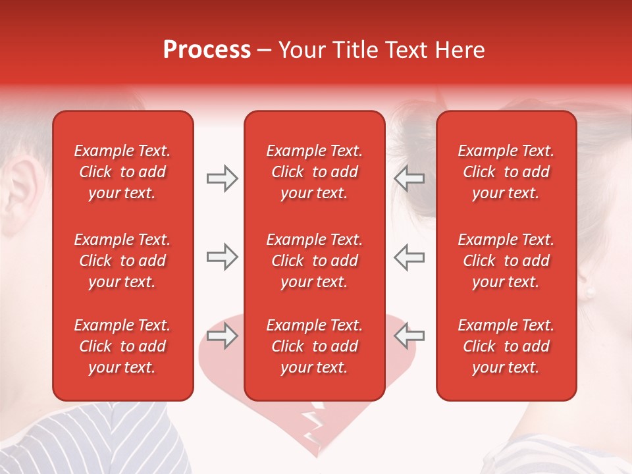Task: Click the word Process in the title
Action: pos(207,50)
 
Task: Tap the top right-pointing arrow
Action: pos(222,178)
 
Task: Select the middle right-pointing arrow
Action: pos(222,257)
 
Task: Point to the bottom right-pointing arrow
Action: pos(222,336)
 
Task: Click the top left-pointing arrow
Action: pos(409,178)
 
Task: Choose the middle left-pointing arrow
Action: pos(409,257)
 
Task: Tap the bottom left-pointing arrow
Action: pos(409,336)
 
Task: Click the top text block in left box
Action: pos(122,172)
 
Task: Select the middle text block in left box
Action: pos(122,261)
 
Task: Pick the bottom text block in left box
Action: pos(122,346)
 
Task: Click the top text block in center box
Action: pos(314,172)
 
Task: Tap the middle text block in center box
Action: pos(314,261)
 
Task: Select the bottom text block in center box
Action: pos(314,346)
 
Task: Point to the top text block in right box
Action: pos(506,172)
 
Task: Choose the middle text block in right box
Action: pos(506,261)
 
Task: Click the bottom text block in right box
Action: pos(506,346)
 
